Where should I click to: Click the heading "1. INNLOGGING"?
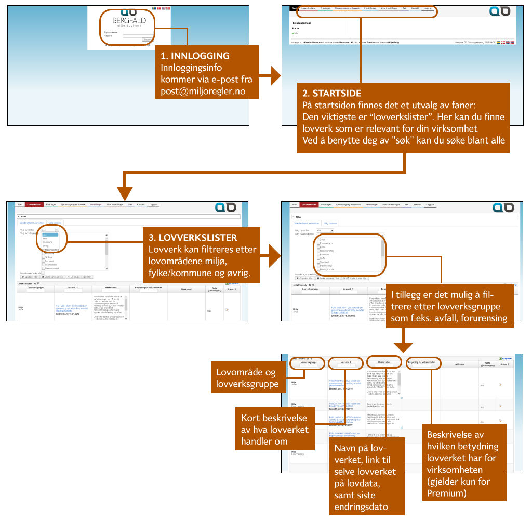(195, 56)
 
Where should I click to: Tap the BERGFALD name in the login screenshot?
(129, 21)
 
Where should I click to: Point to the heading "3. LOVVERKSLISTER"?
(192, 238)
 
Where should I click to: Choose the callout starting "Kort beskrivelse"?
(275, 430)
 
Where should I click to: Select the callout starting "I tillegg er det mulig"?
(449, 306)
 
